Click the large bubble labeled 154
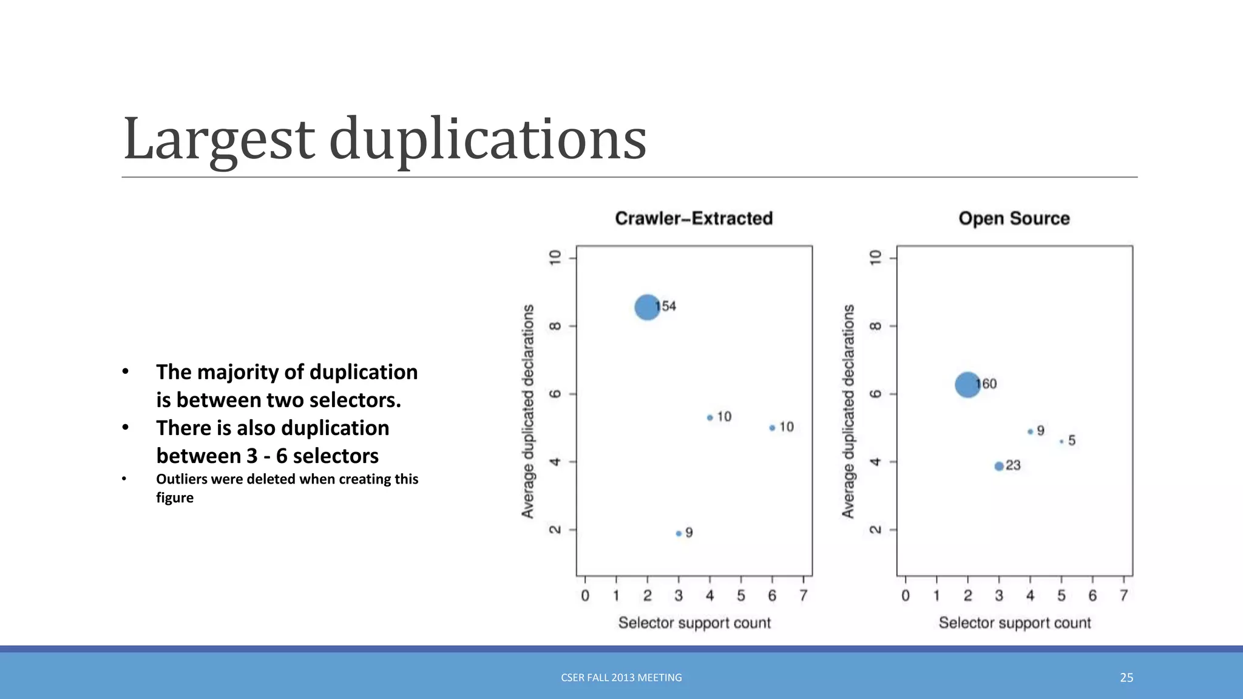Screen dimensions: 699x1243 coord(647,307)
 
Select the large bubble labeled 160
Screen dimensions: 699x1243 coord(967,385)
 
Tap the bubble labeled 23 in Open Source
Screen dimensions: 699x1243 coord(999,466)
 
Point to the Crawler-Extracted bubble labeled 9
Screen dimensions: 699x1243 coord(679,533)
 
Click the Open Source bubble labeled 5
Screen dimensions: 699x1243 coord(1061,442)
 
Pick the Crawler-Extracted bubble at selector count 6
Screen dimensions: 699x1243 coord(772,428)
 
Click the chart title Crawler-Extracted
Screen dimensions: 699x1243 coord(694,218)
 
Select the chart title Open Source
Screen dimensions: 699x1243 coord(1014,218)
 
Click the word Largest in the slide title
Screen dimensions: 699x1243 coord(218,140)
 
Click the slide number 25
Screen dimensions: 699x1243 coord(1126,678)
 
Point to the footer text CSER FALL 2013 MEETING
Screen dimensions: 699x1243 coord(621,678)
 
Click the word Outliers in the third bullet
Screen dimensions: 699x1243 coord(181,479)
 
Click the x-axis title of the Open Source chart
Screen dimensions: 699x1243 coord(1014,623)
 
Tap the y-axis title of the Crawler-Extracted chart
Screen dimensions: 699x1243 coord(528,411)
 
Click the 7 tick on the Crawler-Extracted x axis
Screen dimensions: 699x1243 coord(803,596)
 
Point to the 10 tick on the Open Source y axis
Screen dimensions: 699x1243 coord(875,258)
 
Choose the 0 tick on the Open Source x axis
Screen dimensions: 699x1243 coord(906,596)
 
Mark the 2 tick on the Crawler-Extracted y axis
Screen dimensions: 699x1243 coord(555,530)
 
